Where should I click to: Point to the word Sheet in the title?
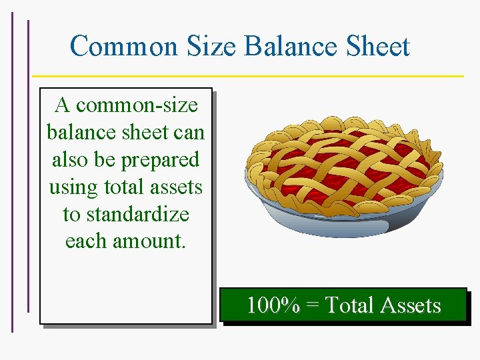[379, 47]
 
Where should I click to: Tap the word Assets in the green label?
[410, 305]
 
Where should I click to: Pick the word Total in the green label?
[349, 305]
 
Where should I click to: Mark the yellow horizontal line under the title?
[247, 75]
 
